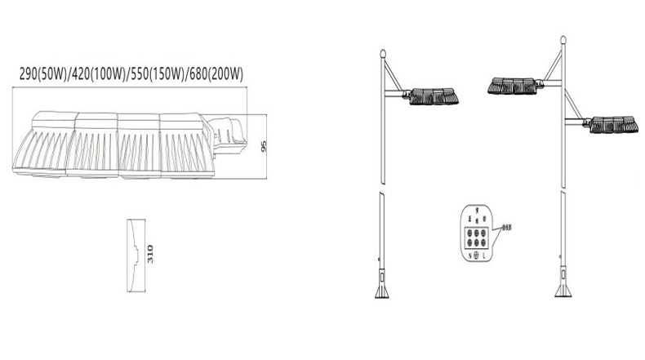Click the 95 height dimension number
coord(264,148)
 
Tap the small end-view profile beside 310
coord(134,255)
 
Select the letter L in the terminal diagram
coord(485,255)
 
